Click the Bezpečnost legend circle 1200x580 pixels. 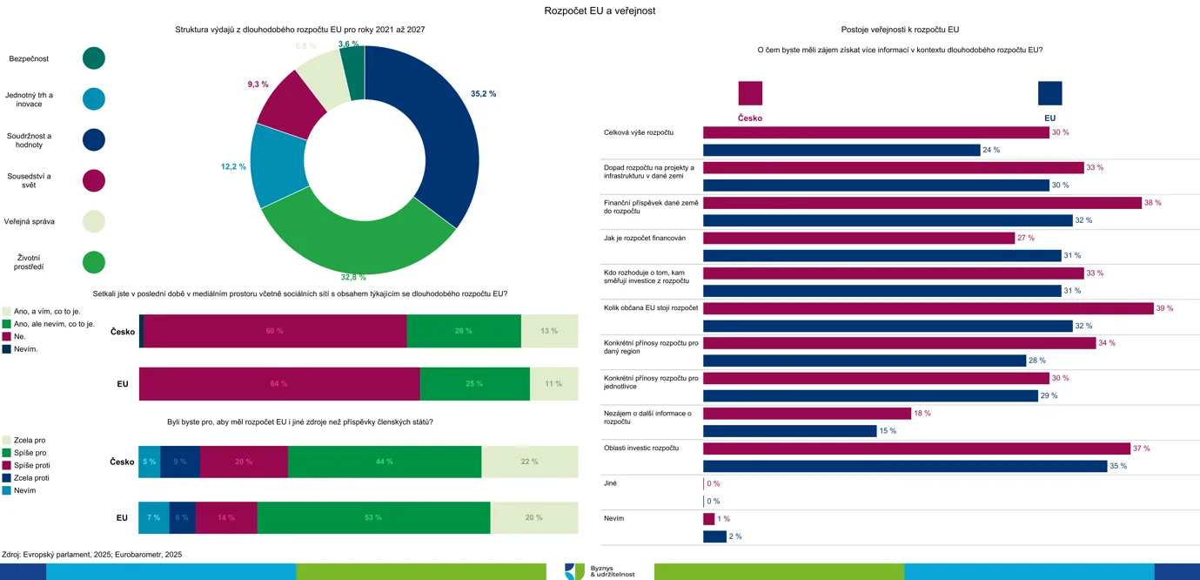tap(94, 58)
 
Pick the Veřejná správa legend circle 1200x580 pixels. tap(94, 221)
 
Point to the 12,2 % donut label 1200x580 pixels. tap(233, 165)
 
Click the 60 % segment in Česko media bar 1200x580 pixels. tap(275, 331)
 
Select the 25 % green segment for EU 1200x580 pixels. tap(474, 383)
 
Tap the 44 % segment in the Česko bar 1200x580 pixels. tap(384, 462)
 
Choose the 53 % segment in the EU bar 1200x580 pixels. tap(373, 517)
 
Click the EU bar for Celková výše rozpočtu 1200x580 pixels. tap(841, 150)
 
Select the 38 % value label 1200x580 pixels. tap(1152, 202)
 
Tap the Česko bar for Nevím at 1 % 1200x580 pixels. tap(708, 519)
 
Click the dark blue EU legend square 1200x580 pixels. tap(1049, 93)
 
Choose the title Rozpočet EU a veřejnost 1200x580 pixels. tap(600, 10)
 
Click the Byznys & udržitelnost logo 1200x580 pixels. tap(600, 570)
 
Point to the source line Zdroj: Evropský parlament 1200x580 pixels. tap(92, 554)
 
